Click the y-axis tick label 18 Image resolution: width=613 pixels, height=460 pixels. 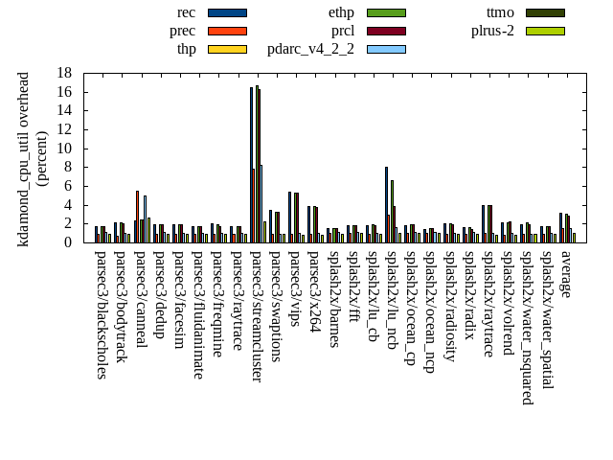tap(64, 73)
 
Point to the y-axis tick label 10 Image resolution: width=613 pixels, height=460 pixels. tap(64, 149)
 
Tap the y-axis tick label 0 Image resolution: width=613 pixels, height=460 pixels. tap(68, 242)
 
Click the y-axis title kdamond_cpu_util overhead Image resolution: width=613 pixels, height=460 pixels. tap(25, 159)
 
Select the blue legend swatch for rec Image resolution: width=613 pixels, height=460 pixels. tap(227, 12)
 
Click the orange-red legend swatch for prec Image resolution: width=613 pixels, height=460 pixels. tap(227, 31)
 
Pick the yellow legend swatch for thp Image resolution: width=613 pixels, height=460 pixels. tap(227, 49)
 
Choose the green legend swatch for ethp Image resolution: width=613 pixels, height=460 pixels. tap(386, 12)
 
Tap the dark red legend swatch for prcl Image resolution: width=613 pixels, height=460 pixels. tap(386, 31)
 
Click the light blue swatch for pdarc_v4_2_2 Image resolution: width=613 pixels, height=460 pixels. tap(386, 49)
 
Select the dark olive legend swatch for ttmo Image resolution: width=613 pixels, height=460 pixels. tap(545, 12)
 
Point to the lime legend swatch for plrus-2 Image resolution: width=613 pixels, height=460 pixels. tap(545, 31)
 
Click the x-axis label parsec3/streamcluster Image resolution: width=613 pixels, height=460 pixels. tap(257, 316)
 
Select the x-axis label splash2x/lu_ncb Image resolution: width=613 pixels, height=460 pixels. tap(392, 298)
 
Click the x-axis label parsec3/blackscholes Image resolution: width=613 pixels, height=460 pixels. tap(102, 314)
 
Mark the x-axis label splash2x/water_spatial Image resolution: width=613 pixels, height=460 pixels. tap(547, 319)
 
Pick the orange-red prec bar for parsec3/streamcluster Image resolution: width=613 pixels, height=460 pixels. tap(253, 205)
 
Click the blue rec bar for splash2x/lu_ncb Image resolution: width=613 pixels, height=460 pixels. tap(386, 204)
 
